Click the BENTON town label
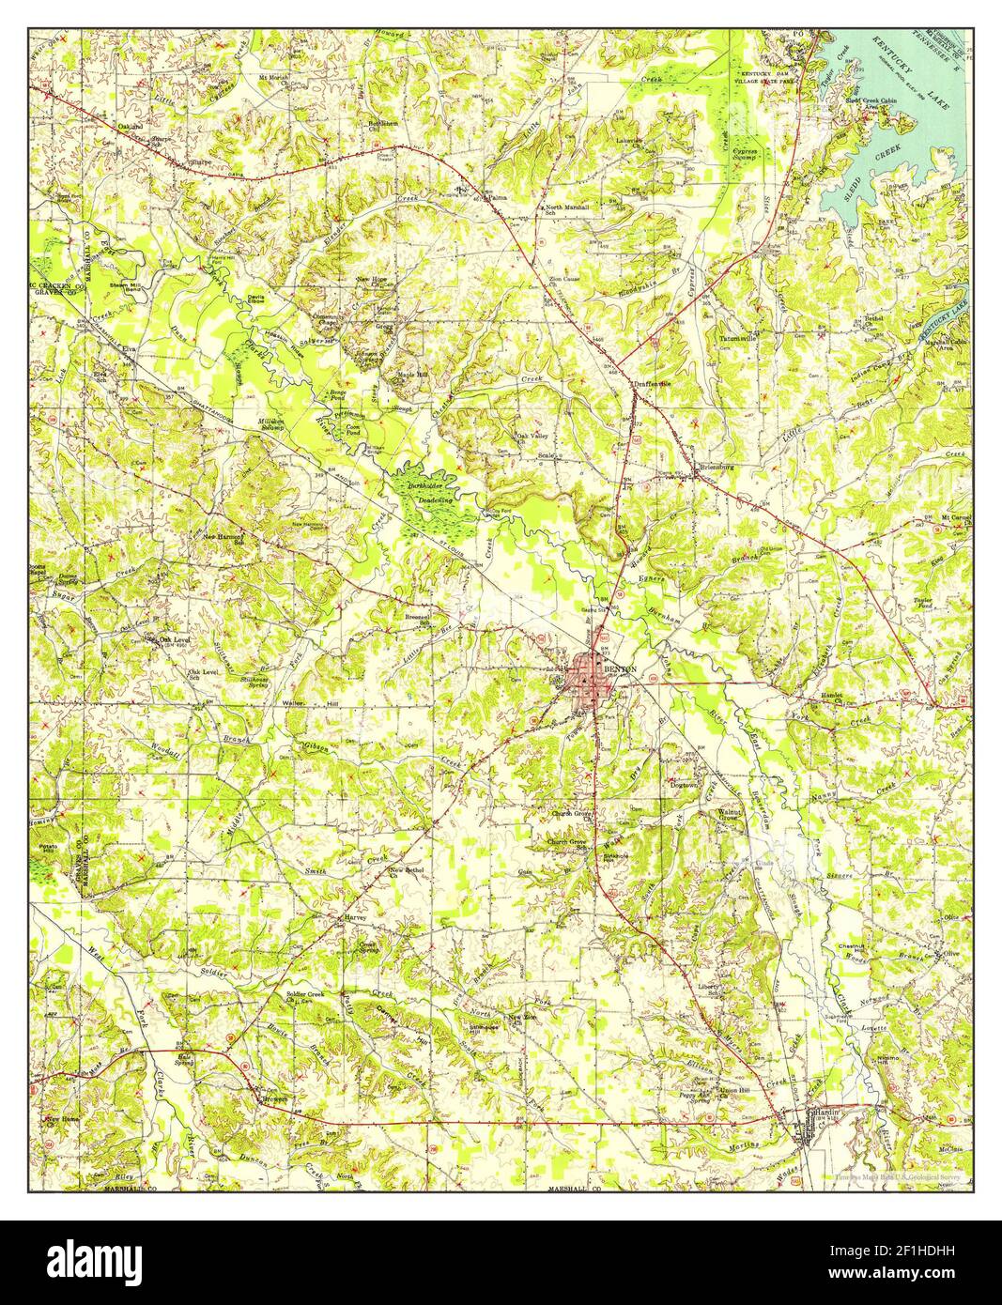[x=621, y=669]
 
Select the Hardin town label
[x=826, y=1112]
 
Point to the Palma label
[x=495, y=198]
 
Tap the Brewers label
[x=273, y=1098]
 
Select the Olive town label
[x=952, y=955]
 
